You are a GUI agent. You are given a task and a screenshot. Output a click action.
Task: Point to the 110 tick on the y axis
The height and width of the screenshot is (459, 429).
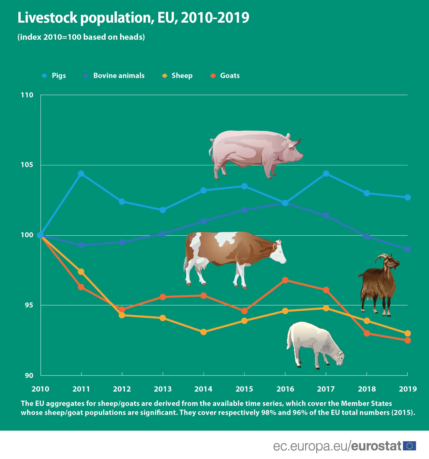point(27,95)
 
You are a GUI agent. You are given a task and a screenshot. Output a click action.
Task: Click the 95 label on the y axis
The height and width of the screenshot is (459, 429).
point(29,305)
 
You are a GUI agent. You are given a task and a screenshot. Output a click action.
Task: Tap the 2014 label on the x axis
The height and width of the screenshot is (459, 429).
point(203,389)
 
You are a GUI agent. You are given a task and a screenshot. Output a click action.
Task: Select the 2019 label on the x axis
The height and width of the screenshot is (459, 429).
point(408,389)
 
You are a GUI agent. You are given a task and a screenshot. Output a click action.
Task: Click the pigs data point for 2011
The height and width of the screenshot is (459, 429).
point(81,174)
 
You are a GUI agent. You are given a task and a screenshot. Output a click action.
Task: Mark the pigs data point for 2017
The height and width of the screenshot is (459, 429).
point(326,174)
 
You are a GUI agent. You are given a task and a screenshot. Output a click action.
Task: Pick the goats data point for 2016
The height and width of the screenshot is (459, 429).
point(285,280)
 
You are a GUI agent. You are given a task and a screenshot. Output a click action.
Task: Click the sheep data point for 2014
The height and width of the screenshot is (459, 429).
point(204,332)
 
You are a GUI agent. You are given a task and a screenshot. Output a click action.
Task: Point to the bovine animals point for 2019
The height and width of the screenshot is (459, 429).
point(408,249)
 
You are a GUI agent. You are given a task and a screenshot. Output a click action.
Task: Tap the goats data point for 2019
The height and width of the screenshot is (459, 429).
point(408,340)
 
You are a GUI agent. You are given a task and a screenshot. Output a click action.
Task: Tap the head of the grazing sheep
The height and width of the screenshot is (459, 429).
point(339,359)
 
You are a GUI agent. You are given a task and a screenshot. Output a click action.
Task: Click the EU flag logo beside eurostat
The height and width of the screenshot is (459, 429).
point(409,446)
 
